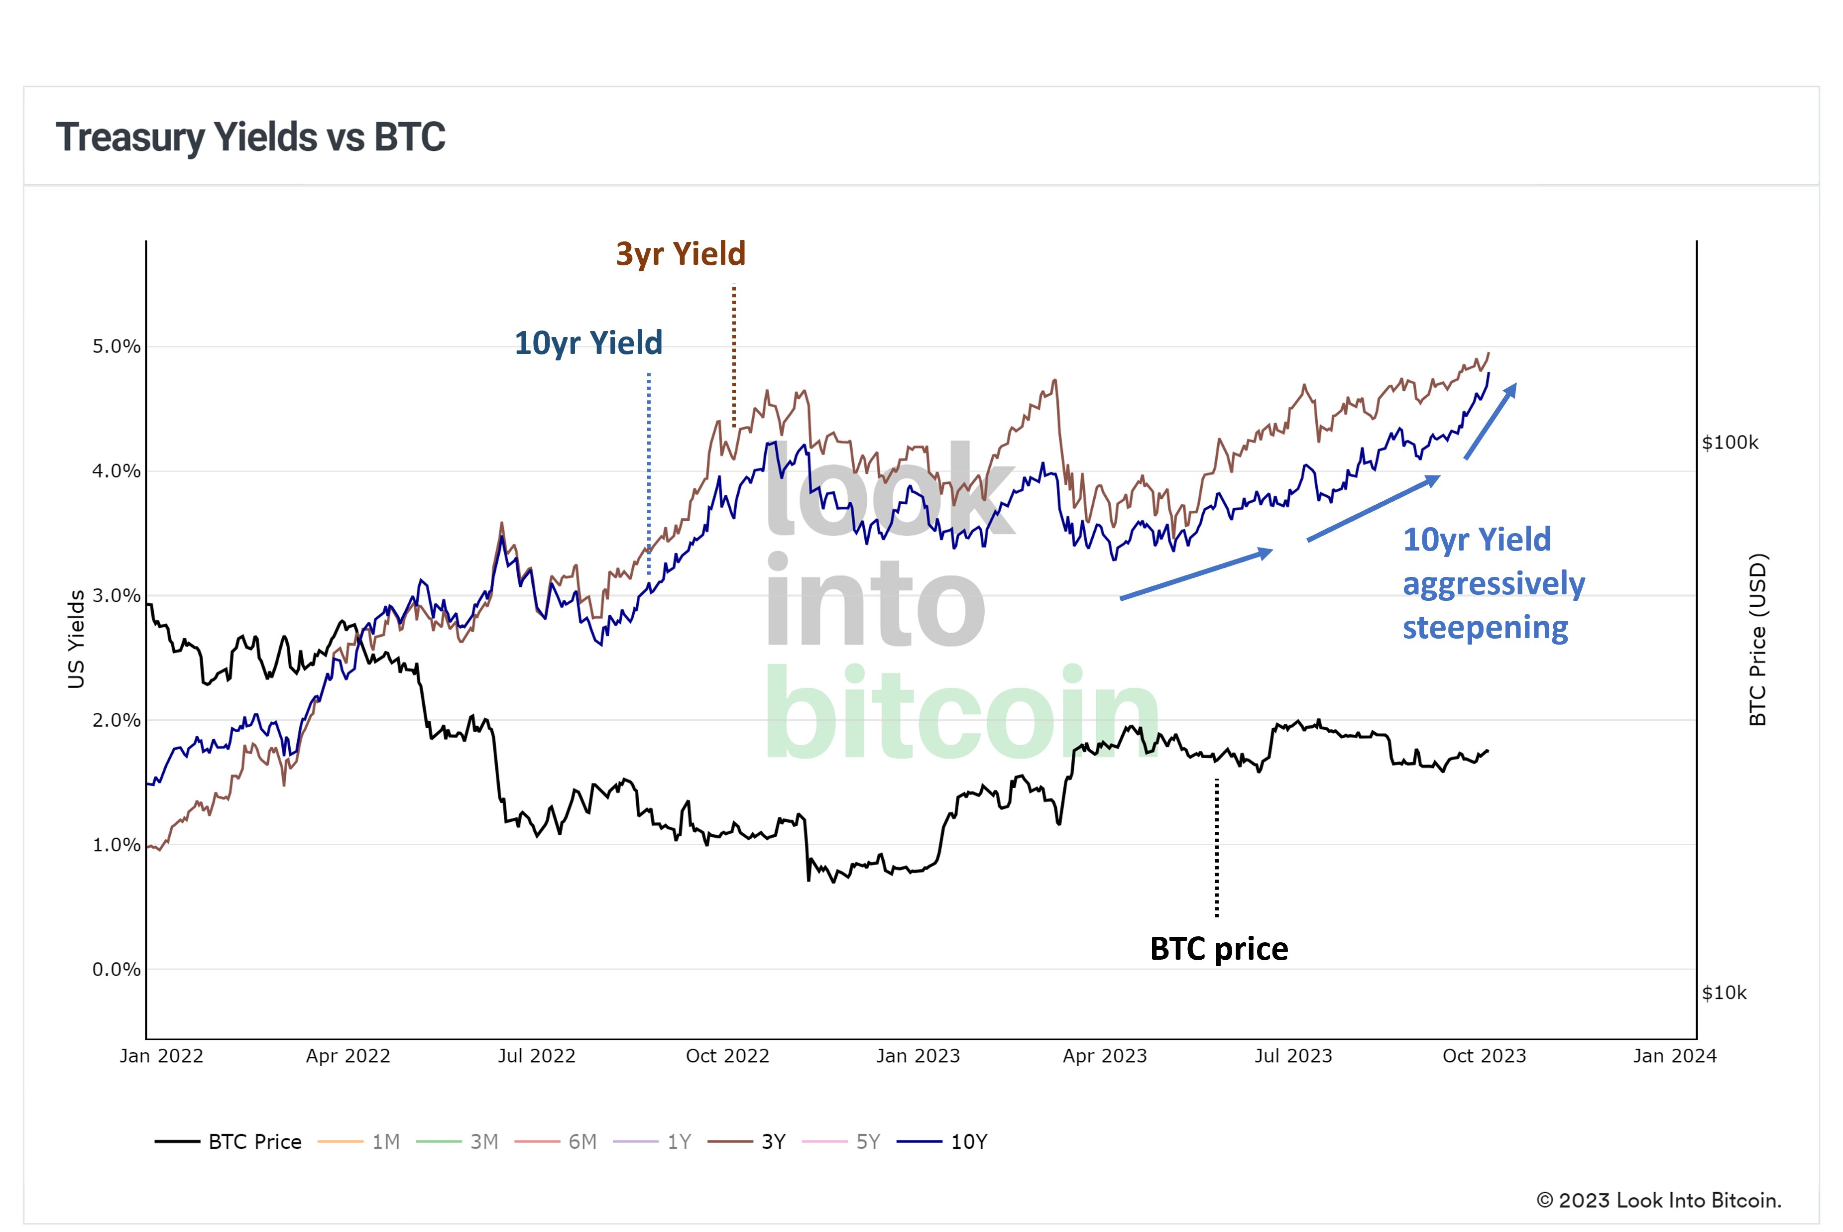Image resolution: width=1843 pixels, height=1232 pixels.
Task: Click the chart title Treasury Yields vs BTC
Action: pyautogui.click(x=250, y=137)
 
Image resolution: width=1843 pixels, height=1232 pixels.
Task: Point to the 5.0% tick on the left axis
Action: pyautogui.click(x=116, y=346)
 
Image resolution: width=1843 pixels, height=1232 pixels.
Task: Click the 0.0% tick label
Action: pyautogui.click(x=116, y=970)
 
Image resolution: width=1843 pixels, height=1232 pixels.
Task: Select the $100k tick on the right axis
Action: pyautogui.click(x=1730, y=443)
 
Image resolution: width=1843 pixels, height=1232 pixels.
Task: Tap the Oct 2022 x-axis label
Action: pyautogui.click(x=727, y=1056)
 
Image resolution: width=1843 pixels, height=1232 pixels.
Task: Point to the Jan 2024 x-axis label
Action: pyautogui.click(x=1674, y=1056)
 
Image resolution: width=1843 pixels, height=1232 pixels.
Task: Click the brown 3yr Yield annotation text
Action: pyautogui.click(x=681, y=254)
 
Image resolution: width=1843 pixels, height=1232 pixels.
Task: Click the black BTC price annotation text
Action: pyautogui.click(x=1218, y=949)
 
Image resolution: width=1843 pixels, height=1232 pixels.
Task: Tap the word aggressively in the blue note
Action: pyautogui.click(x=1494, y=584)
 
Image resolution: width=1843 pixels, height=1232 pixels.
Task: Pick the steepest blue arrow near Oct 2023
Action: pyautogui.click(x=1490, y=422)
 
